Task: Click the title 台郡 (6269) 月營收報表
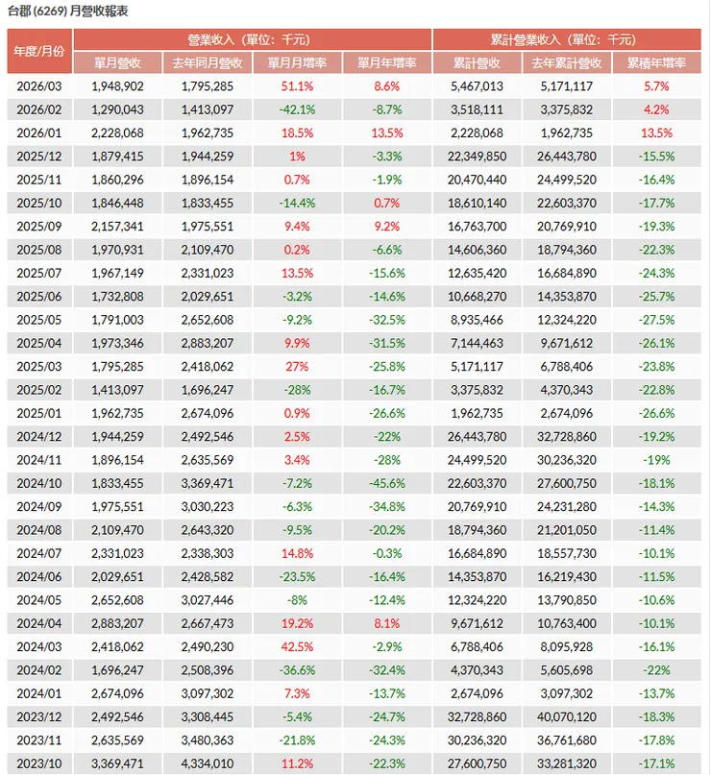(x=68, y=11)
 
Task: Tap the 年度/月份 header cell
(x=39, y=51)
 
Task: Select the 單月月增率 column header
(x=297, y=62)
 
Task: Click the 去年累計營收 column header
(x=567, y=62)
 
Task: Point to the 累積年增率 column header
(x=656, y=62)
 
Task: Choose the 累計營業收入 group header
(x=567, y=39)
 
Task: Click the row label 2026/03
(x=39, y=86)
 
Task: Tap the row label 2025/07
(x=39, y=274)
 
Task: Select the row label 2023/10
(x=39, y=763)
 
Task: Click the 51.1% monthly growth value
(x=297, y=86)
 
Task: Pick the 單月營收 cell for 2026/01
(x=117, y=133)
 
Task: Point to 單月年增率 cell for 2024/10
(x=387, y=483)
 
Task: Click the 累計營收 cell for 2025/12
(x=478, y=157)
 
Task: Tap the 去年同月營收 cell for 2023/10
(x=208, y=763)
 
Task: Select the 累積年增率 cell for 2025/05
(x=656, y=320)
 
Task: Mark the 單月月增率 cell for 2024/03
(x=297, y=647)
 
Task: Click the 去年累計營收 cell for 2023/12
(x=567, y=717)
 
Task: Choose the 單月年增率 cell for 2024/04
(x=387, y=624)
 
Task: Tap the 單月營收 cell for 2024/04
(x=117, y=624)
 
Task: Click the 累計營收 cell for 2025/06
(x=478, y=297)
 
